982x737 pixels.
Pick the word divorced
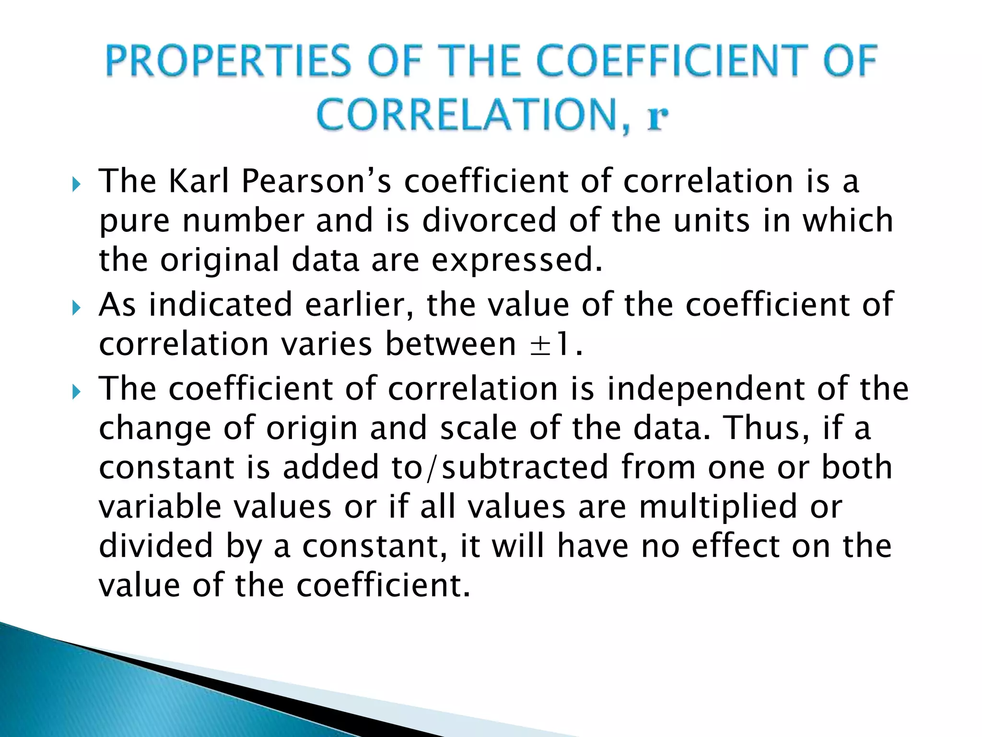click(x=490, y=221)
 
